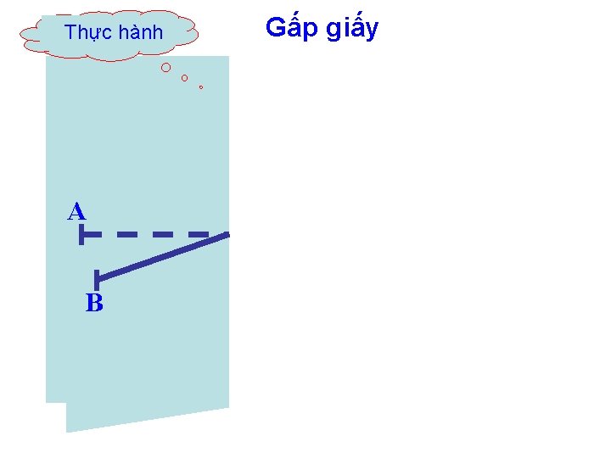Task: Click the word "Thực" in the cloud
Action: [x=88, y=34]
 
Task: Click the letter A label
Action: [x=77, y=211]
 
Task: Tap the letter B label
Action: [x=94, y=303]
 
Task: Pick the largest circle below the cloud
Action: [x=166, y=67]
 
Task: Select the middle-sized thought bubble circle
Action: [x=185, y=78]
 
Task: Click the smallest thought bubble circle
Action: [x=201, y=87]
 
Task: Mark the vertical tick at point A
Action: [x=81, y=235]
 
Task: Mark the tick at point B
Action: [x=98, y=276]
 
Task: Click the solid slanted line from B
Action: [x=161, y=255]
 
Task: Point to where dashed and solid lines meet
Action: [x=227, y=233]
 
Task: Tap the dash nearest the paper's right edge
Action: [x=199, y=233]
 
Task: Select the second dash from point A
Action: [x=127, y=233]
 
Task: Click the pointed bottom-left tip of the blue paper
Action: [x=67, y=432]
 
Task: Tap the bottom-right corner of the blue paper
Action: [x=228, y=408]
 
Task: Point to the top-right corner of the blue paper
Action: [x=228, y=57]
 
